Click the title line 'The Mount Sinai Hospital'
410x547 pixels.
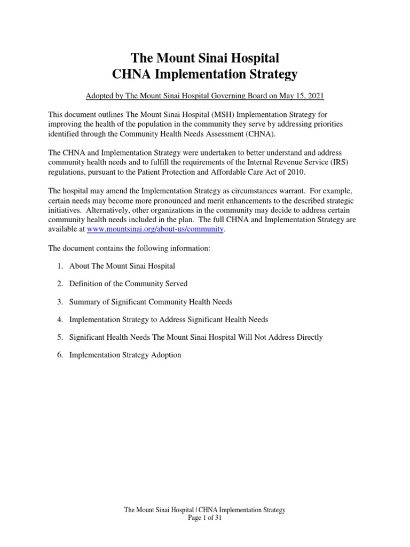pos(205,57)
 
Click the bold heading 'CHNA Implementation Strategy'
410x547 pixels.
pos(205,74)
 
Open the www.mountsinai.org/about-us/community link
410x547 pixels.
pos(155,229)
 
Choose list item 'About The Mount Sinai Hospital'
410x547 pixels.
pos(122,265)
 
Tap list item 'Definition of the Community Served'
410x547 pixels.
pos(128,284)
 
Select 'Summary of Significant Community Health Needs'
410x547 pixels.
pos(151,302)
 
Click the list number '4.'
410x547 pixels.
pos(60,319)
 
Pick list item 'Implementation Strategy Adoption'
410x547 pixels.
pos(125,355)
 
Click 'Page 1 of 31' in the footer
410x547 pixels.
pos(205,518)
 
